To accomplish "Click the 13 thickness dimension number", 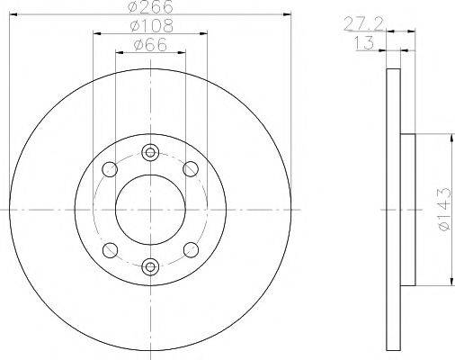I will pyautogui.click(x=366, y=43).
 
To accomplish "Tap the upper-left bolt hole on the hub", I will pyautogui.click(x=111, y=168).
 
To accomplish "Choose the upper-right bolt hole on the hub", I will pyautogui.click(x=190, y=168).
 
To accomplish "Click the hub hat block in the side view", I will pyautogui.click(x=407, y=209).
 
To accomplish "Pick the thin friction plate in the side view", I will pyautogui.click(x=392, y=209).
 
